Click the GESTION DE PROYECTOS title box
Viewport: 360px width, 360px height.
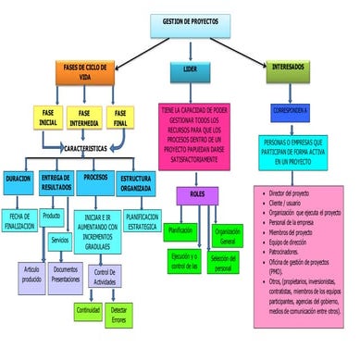click(191, 19)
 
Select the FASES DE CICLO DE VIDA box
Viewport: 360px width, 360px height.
click(90, 71)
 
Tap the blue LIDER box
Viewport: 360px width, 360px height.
click(189, 69)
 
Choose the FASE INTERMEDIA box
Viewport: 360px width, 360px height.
click(84, 117)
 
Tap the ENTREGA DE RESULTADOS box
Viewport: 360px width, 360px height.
click(56, 181)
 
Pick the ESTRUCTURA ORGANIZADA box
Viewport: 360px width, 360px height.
click(137, 181)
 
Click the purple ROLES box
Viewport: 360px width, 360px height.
click(196, 195)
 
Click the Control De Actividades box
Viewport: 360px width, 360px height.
click(105, 277)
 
